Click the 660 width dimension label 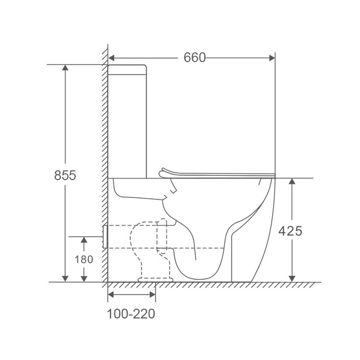click(x=194, y=58)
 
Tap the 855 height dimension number click(x=65, y=175)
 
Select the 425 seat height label click(x=290, y=231)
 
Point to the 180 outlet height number click(x=84, y=260)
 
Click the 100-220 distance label click(x=131, y=314)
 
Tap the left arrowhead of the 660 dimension click(x=111, y=58)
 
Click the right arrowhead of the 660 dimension click(x=272, y=58)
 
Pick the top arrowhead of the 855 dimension click(x=65, y=68)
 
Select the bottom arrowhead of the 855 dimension click(x=65, y=279)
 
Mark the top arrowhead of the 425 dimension click(x=292, y=181)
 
